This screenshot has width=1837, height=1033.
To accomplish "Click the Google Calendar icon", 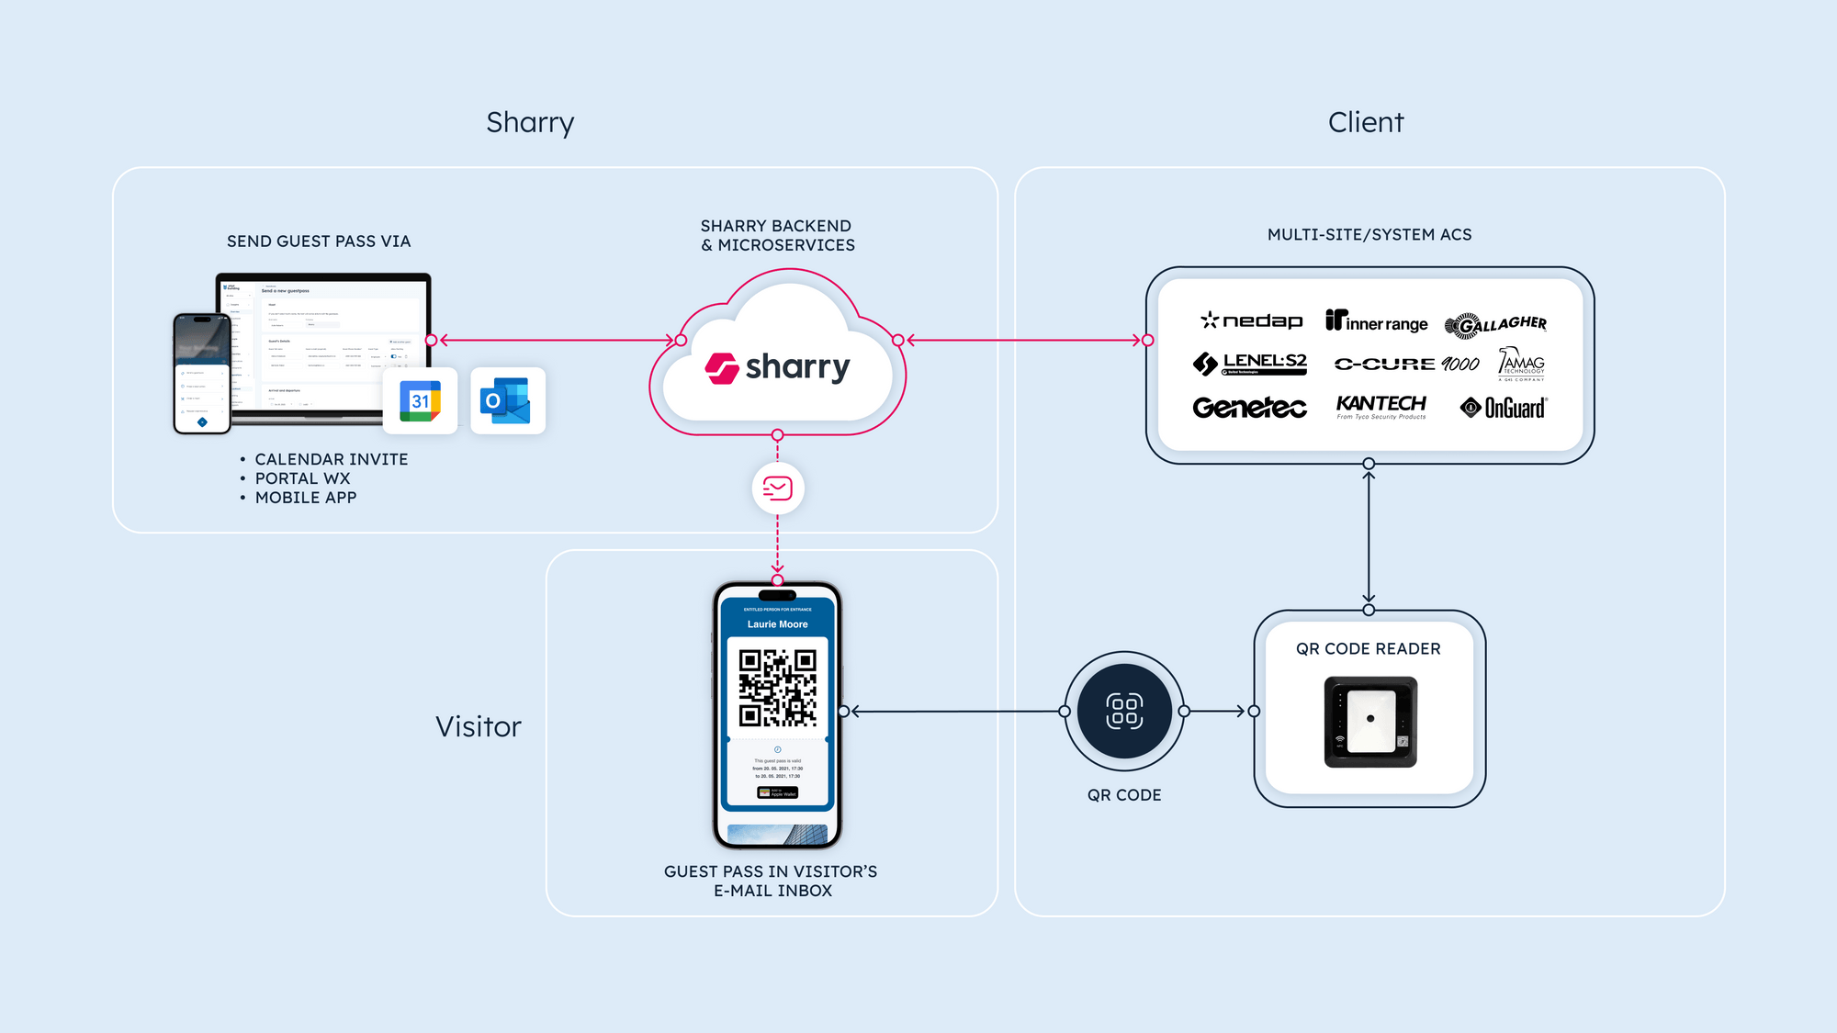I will coord(420,401).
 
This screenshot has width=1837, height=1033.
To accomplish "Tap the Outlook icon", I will coord(507,401).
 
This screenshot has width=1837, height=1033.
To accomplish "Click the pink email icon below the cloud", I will coord(778,488).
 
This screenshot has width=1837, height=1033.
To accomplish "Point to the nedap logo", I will coord(1252,320).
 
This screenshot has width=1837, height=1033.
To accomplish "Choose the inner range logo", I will coord(1376,321).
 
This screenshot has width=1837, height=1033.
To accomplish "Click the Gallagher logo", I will coord(1495,324).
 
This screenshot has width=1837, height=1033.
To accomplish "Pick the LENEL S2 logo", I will coord(1250,364).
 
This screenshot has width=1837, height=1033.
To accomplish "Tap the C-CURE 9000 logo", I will coord(1406,364).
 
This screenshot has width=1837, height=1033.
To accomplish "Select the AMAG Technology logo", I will coord(1521,364).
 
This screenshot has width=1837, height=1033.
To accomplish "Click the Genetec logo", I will coord(1249,408).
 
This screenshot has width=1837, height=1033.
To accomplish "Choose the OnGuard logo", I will coord(1504,408).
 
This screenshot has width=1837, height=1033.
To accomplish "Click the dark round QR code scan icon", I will coord(1124,711).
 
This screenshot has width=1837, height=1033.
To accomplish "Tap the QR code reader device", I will coord(1370,722).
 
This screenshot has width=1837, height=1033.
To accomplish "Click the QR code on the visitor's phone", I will coord(778,688).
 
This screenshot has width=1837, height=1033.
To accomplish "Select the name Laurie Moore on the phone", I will coord(778,624).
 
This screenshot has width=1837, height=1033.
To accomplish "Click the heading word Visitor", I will coord(479,727).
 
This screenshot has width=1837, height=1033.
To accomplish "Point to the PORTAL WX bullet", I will coord(302,478).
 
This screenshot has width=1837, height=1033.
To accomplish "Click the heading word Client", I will coord(1366,122).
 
